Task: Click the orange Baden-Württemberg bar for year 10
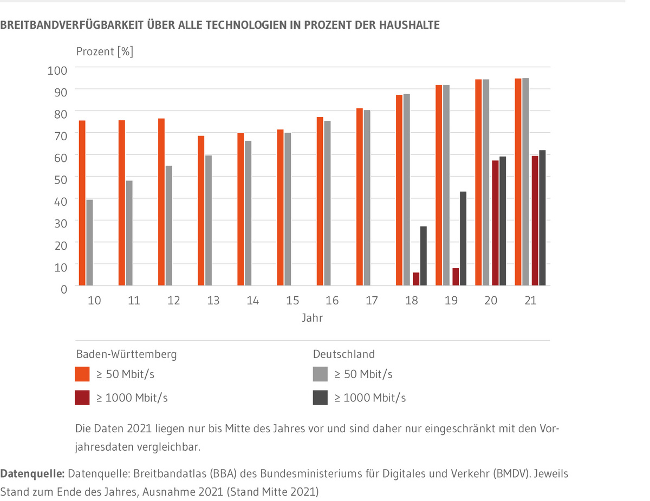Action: point(82,203)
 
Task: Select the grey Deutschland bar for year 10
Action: point(89,243)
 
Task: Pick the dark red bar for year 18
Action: point(416,279)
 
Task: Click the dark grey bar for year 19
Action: point(463,238)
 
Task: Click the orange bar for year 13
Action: point(201,211)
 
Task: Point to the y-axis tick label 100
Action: point(58,70)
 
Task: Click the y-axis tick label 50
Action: point(60,179)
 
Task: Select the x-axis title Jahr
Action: point(313,318)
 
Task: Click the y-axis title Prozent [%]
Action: point(105,52)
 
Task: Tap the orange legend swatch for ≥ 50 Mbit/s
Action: point(82,374)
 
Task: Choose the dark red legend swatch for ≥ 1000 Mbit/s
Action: point(82,398)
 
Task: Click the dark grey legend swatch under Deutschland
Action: point(320,398)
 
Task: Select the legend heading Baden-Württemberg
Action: point(126,354)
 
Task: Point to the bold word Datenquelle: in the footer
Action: point(32,473)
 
